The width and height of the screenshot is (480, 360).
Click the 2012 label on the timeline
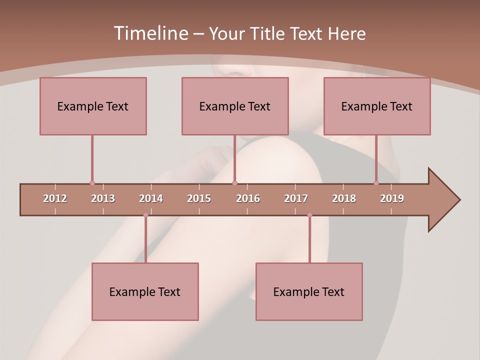click(55, 198)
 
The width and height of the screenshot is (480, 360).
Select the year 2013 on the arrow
click(103, 198)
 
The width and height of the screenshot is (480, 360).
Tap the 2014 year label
click(151, 198)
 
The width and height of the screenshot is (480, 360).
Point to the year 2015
click(199, 198)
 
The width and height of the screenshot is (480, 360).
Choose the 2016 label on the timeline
click(248, 198)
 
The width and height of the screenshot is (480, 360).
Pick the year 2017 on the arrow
click(296, 198)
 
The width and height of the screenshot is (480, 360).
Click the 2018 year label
click(344, 198)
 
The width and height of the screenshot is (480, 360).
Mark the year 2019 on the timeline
click(392, 198)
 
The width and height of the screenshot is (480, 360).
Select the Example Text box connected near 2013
click(93, 106)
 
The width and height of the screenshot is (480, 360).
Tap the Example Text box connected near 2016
click(235, 106)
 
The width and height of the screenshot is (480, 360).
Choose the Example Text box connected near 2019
click(377, 106)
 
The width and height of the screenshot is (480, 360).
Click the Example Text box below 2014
click(145, 292)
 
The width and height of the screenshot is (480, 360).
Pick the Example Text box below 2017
click(309, 292)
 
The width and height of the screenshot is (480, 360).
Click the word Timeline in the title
click(150, 33)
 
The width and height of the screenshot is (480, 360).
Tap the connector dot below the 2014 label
click(145, 215)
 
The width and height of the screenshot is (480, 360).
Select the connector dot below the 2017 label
click(309, 215)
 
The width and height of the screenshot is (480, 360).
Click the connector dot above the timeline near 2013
click(92, 183)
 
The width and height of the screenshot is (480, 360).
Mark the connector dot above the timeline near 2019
click(376, 183)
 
